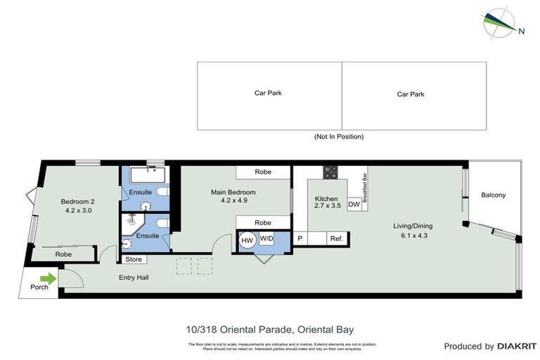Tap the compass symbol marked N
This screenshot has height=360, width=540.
[x=499, y=21]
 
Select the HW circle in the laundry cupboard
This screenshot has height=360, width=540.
[x=247, y=240]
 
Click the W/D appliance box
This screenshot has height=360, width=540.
[x=266, y=239]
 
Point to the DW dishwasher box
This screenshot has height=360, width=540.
[x=354, y=205]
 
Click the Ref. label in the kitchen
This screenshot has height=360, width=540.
[x=336, y=239]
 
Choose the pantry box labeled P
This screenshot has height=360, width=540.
[x=300, y=239]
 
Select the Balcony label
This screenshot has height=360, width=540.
[x=494, y=195]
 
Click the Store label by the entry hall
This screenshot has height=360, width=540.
[x=134, y=259]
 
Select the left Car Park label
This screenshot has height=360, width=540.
[x=269, y=93]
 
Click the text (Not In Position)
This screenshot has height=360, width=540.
[x=339, y=137]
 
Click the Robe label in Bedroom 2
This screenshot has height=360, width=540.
[x=63, y=254]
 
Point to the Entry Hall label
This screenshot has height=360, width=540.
[x=132, y=277]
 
